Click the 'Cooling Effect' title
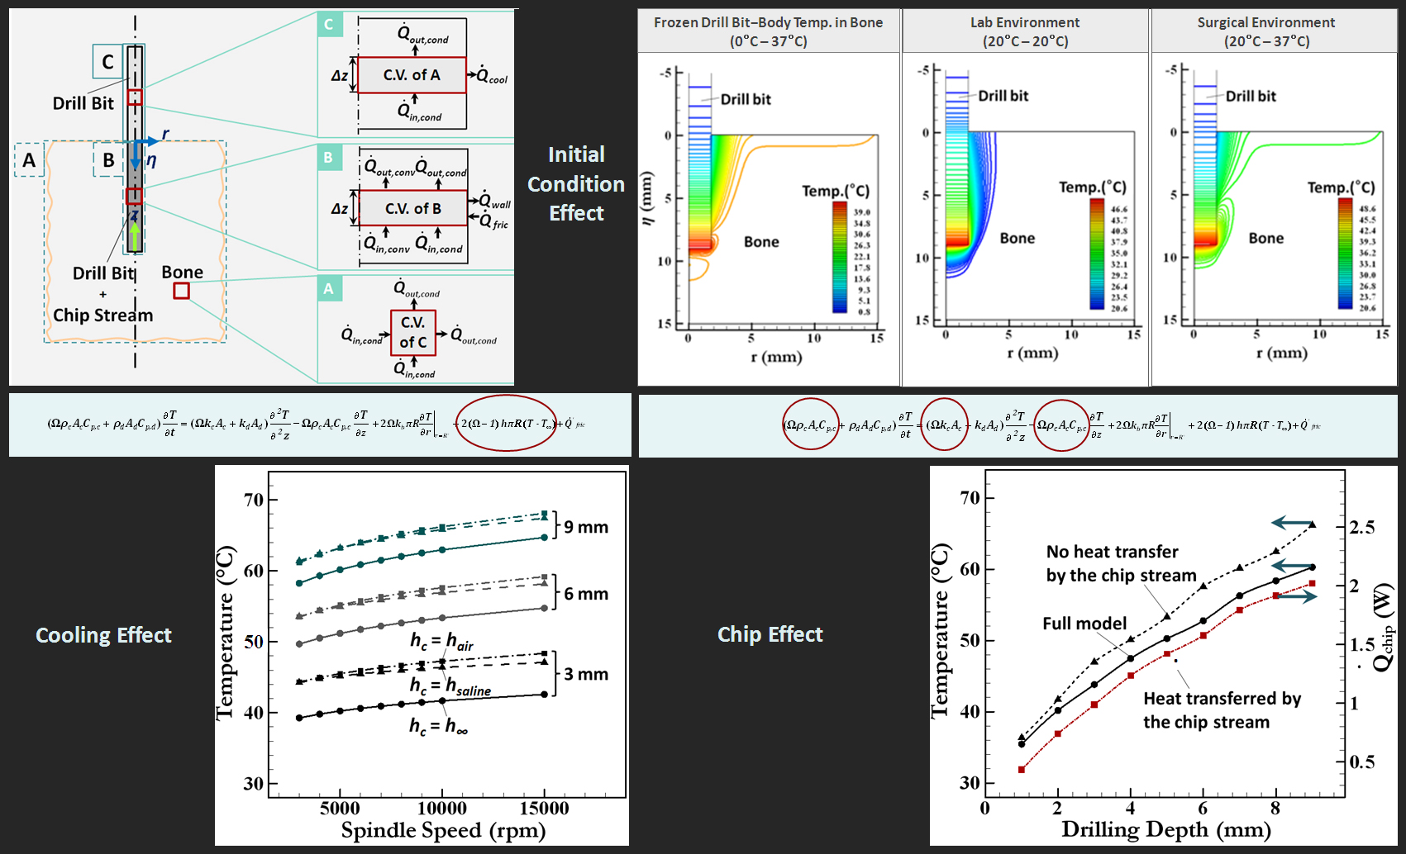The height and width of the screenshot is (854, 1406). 103,635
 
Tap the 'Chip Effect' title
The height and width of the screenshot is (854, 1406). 770,634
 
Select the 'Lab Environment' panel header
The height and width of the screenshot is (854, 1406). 1025,31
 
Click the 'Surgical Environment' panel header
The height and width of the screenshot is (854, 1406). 1266,31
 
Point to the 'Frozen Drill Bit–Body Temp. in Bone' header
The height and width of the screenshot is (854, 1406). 768,31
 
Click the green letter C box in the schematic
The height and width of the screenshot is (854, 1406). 329,24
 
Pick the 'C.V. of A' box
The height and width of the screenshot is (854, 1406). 412,75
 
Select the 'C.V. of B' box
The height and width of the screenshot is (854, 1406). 413,209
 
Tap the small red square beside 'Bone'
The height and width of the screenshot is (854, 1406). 181,291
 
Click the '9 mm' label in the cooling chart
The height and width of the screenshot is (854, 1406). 586,527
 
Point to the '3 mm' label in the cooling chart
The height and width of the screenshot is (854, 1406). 586,674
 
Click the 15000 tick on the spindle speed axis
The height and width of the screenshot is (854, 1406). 544,809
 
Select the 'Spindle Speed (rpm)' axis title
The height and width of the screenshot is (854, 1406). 443,831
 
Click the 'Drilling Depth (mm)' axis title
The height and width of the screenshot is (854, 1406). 1165,830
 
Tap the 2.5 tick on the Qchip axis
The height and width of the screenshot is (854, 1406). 1361,527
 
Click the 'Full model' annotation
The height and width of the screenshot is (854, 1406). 1084,624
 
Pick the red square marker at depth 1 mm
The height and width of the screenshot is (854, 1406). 1022,770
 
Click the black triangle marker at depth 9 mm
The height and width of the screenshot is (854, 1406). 1312,524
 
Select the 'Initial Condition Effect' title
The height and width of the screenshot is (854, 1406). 576,183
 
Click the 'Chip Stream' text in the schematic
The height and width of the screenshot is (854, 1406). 103,316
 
